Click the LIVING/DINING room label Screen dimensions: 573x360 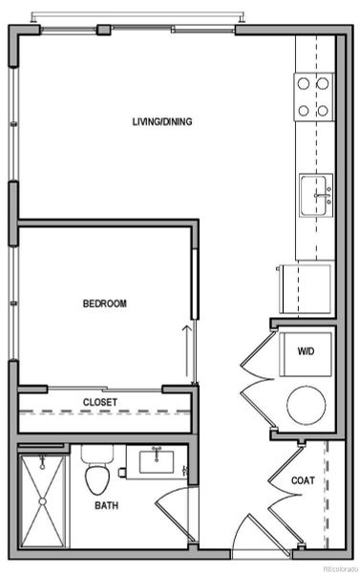tap(162, 121)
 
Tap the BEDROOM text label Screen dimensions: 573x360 tap(104, 304)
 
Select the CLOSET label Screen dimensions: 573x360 tap(99, 402)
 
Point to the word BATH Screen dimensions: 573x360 tap(106, 506)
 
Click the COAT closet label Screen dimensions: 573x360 tap(303, 480)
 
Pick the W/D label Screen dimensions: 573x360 tap(305, 351)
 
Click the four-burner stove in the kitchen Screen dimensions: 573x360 tap(312, 96)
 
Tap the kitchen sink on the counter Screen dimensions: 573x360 tap(315, 196)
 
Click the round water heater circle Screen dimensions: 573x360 tap(307, 404)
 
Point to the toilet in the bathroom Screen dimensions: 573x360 tap(96, 470)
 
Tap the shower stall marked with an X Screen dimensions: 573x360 tap(44, 499)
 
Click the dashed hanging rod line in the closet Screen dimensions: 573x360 tap(105, 413)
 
